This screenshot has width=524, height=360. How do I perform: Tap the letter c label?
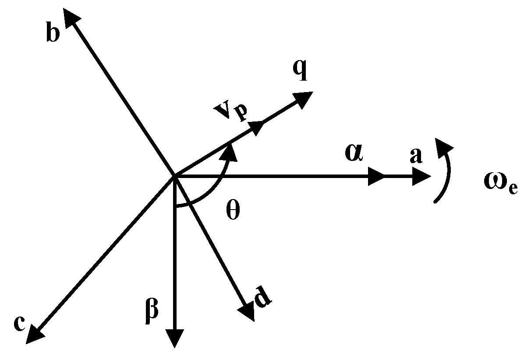(x=19, y=325)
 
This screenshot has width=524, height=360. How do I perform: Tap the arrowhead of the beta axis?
(x=175, y=338)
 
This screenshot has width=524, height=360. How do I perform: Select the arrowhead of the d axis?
(x=247, y=312)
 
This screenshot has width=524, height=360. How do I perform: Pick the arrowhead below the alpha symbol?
(x=375, y=177)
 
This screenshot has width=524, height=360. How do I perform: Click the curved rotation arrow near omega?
(x=446, y=169)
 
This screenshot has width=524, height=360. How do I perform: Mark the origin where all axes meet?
(x=175, y=177)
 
